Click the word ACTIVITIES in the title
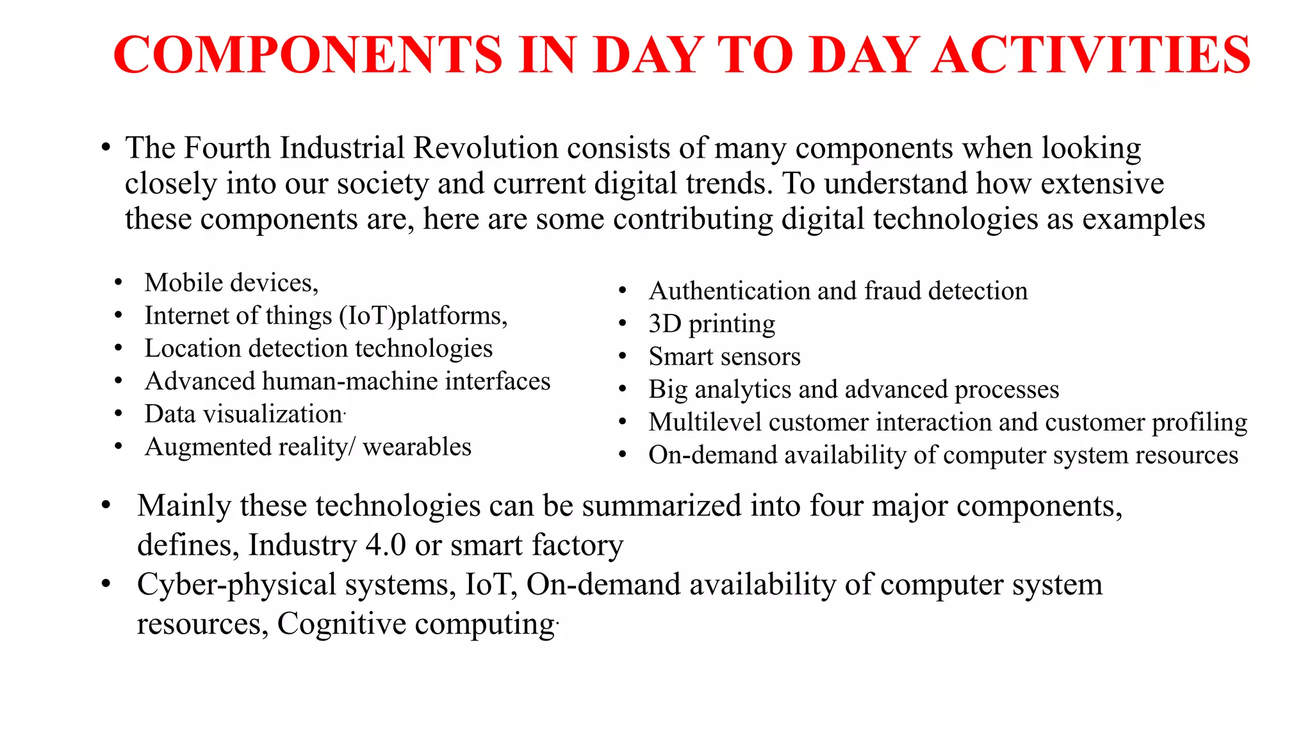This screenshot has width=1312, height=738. coord(1091,55)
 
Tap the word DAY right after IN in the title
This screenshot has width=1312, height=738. coord(648,55)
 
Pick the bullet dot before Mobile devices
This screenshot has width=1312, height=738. coord(118,283)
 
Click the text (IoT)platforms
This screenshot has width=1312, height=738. coord(423,316)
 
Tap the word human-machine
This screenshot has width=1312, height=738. coord(350,381)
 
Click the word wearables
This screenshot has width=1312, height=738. coord(417,447)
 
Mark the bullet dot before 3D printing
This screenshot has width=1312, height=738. coord(622,324)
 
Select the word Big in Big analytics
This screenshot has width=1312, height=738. coord(668,390)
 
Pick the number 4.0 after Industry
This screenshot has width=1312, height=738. coord(386,545)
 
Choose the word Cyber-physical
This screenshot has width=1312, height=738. coord(236,585)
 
